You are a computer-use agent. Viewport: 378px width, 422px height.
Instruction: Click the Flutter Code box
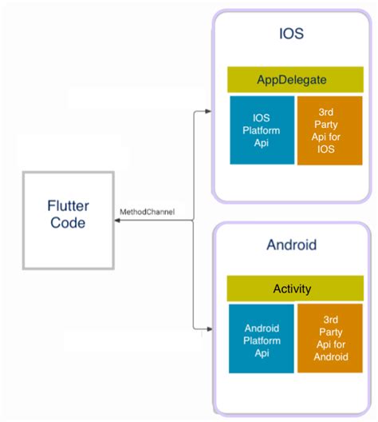[67, 217]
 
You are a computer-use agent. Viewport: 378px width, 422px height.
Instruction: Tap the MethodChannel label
[147, 212]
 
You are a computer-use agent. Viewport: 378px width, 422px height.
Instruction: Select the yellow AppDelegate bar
[294, 80]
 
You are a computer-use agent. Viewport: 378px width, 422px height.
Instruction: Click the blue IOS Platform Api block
[261, 130]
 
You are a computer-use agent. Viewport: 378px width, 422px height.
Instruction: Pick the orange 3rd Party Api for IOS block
[329, 130]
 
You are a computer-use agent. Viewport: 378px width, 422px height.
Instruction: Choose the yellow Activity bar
[294, 289]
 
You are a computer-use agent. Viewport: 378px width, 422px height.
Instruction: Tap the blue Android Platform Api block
[261, 338]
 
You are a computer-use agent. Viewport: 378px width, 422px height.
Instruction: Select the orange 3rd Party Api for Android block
[329, 338]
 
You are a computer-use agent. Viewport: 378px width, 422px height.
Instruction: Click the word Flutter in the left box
[68, 206]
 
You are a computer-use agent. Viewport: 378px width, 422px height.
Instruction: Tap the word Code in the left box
[68, 224]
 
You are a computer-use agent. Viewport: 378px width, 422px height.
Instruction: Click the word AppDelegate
[294, 80]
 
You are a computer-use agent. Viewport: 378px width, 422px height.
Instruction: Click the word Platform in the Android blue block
[261, 338]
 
